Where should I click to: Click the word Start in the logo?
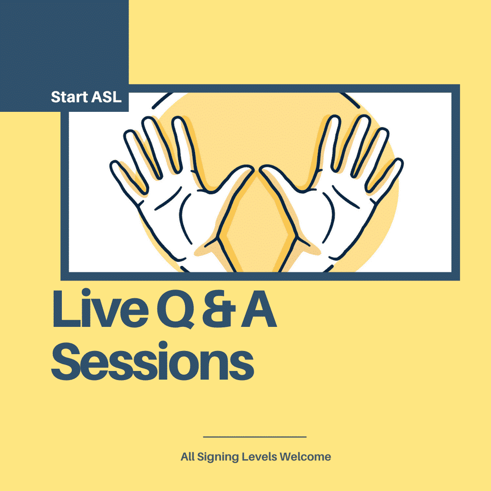click(69, 97)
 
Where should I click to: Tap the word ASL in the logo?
click(106, 97)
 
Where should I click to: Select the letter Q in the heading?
click(175, 310)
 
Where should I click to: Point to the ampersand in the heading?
click(219, 310)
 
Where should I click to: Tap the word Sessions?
click(152, 361)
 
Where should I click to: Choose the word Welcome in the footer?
click(306, 456)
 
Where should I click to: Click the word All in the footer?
click(188, 456)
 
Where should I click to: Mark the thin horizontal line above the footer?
click(255, 437)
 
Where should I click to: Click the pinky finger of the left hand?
click(128, 179)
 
